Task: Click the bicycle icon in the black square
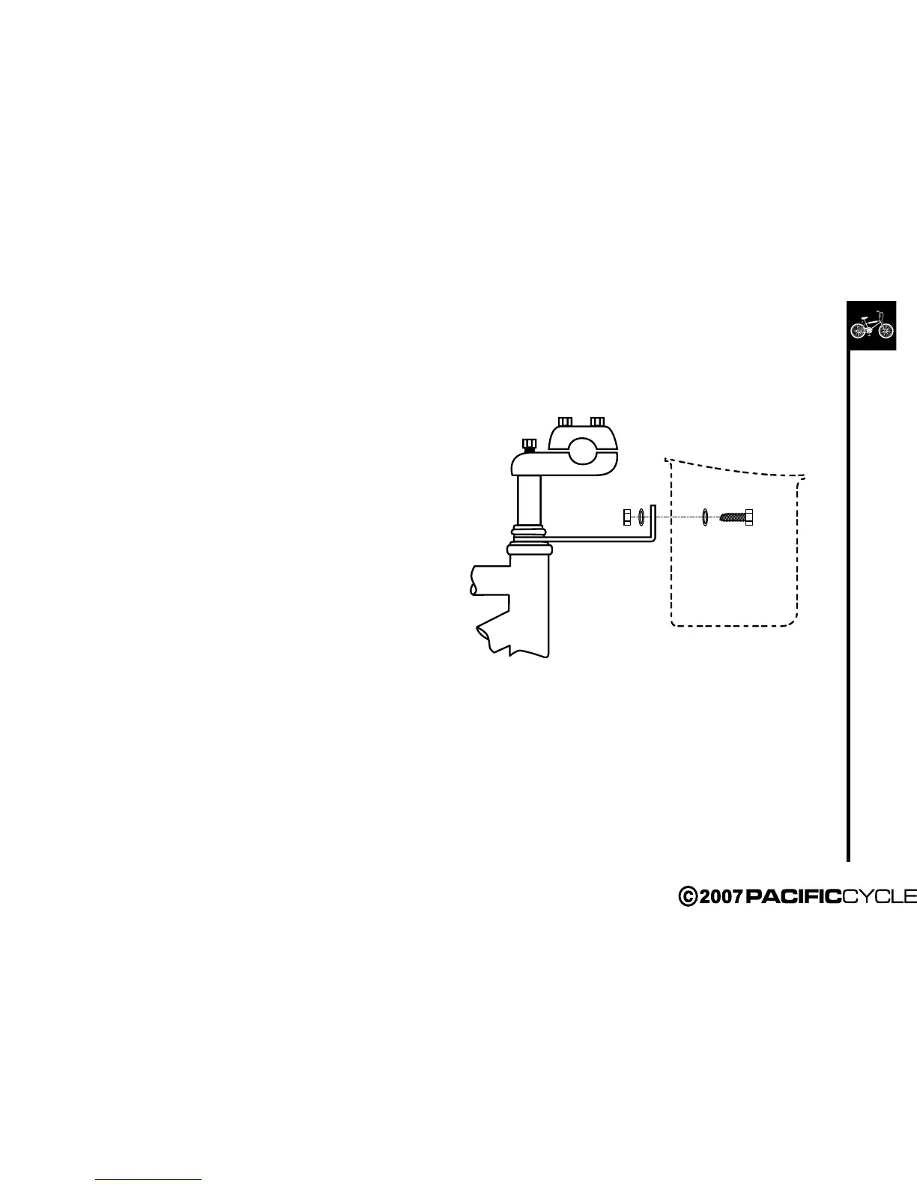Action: [871, 326]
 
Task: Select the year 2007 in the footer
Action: [720, 896]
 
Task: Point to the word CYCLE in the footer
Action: [880, 896]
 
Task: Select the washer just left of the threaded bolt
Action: [705, 517]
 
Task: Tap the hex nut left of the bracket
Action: [627, 517]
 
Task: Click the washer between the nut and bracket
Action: [641, 517]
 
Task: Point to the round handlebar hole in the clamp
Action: [582, 452]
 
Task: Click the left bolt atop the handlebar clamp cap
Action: [566, 421]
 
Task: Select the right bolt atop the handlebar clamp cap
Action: [597, 421]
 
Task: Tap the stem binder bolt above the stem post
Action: [530, 445]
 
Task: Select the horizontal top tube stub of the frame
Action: [488, 581]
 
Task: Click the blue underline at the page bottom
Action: [149, 1179]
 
